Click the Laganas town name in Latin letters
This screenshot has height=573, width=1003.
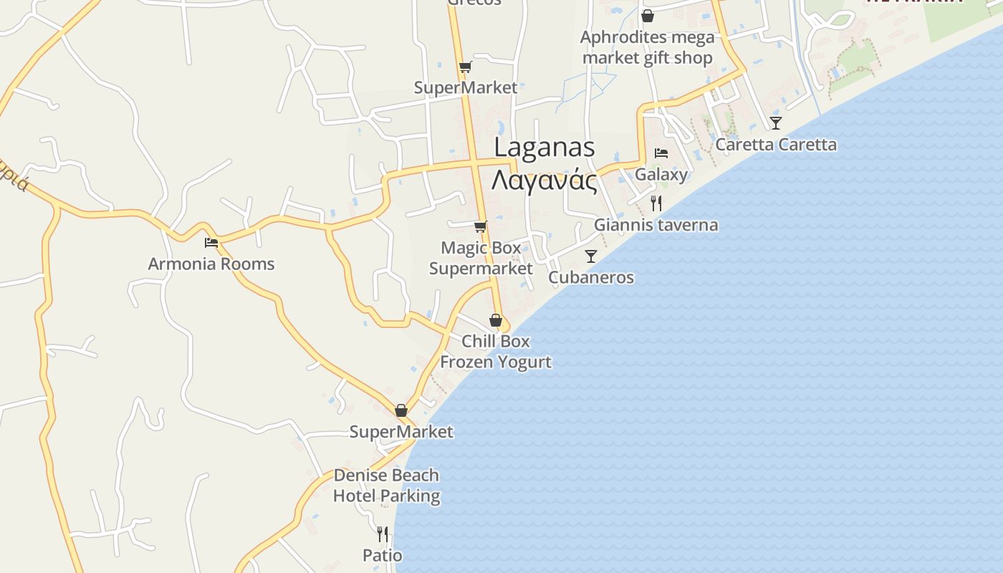tap(544, 148)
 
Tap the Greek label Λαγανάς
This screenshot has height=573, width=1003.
tap(544, 180)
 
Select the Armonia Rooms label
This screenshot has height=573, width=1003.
tap(211, 264)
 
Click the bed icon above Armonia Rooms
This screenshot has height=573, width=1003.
tap(211, 243)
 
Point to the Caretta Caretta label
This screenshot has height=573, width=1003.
tap(776, 145)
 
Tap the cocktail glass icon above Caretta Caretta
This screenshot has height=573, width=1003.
tap(776, 123)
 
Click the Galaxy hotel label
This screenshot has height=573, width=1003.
tap(661, 175)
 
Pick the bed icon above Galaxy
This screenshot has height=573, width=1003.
tap(661, 153)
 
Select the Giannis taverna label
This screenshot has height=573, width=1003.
tap(656, 225)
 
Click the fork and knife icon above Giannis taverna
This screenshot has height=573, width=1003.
tap(656, 203)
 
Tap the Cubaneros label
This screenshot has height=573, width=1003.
tap(591, 277)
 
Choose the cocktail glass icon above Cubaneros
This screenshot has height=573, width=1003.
tap(591, 256)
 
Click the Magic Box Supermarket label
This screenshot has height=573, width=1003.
tap(481, 258)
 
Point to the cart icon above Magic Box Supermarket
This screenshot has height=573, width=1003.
tap(480, 227)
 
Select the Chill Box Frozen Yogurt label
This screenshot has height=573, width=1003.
tap(496, 351)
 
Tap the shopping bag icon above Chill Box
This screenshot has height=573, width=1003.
tap(495, 320)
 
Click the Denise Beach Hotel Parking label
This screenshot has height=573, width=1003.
tap(386, 486)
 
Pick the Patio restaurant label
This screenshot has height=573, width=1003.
tap(383, 555)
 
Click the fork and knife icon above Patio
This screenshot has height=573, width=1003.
tap(383, 534)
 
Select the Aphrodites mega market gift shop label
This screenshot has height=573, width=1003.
tap(648, 47)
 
